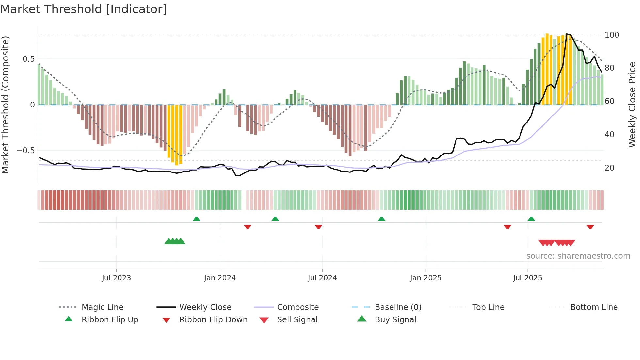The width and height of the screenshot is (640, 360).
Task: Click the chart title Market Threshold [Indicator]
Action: [84, 9]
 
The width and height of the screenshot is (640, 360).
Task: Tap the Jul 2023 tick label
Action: [116, 278]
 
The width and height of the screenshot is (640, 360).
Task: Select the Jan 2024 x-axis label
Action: [220, 278]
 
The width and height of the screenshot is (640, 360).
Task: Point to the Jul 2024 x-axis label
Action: [322, 278]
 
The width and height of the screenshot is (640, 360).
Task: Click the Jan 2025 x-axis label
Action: [425, 278]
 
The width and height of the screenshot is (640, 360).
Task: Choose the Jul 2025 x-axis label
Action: [527, 278]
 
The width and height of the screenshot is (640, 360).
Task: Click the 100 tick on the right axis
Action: [612, 35]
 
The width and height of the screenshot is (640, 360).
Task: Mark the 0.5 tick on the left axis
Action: [29, 59]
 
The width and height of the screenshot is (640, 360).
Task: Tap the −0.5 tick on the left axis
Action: [26, 151]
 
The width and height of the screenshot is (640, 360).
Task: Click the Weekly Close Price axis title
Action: [632, 105]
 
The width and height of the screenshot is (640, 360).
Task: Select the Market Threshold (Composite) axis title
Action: [5, 105]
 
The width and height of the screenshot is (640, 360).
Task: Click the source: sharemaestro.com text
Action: [578, 256]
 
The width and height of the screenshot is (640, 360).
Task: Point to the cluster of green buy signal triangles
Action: [175, 241]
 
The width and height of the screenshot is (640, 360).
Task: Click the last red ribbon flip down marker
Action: [590, 227]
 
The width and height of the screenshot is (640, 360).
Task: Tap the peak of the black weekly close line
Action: [567, 34]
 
